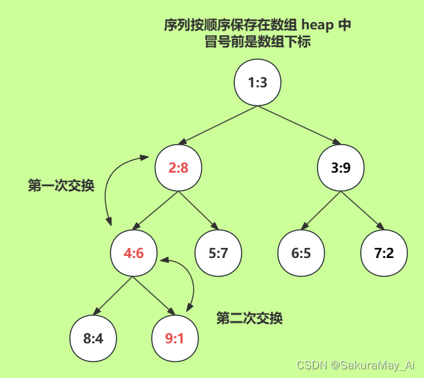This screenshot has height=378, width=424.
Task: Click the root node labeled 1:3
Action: point(258,83)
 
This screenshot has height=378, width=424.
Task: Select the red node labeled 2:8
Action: point(178,167)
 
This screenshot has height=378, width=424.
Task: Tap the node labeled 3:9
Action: point(341,167)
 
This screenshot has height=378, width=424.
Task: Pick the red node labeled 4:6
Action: point(134,253)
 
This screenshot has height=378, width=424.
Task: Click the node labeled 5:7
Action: point(218,253)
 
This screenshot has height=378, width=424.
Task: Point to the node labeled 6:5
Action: point(301,253)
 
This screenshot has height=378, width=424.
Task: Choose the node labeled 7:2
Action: point(384,253)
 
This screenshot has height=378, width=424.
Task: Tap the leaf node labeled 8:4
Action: point(93,338)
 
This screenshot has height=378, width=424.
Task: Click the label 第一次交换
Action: point(61,186)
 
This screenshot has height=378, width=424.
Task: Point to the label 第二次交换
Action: point(250,319)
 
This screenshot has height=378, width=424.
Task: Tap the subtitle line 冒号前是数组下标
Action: point(258,41)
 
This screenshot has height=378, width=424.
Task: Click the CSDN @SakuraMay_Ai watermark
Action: point(355,365)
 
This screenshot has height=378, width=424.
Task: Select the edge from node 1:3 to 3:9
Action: point(300,125)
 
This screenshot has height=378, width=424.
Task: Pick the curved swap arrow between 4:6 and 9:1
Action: point(192,280)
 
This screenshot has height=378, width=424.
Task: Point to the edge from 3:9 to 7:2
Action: point(363,211)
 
